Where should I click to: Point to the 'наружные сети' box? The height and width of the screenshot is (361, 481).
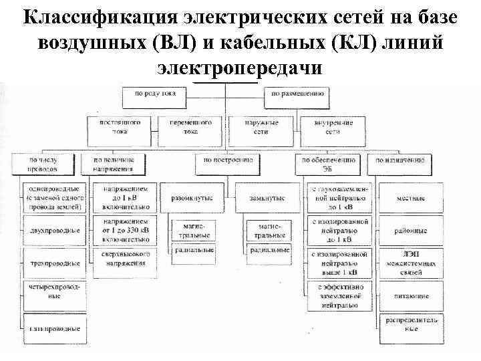262,128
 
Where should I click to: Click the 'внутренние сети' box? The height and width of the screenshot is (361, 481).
331,128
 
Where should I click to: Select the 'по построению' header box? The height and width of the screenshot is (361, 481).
229,161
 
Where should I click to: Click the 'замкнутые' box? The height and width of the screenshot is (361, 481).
265,199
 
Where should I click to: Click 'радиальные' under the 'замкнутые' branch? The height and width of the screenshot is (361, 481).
269,251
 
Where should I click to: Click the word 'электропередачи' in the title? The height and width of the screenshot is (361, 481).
240,68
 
